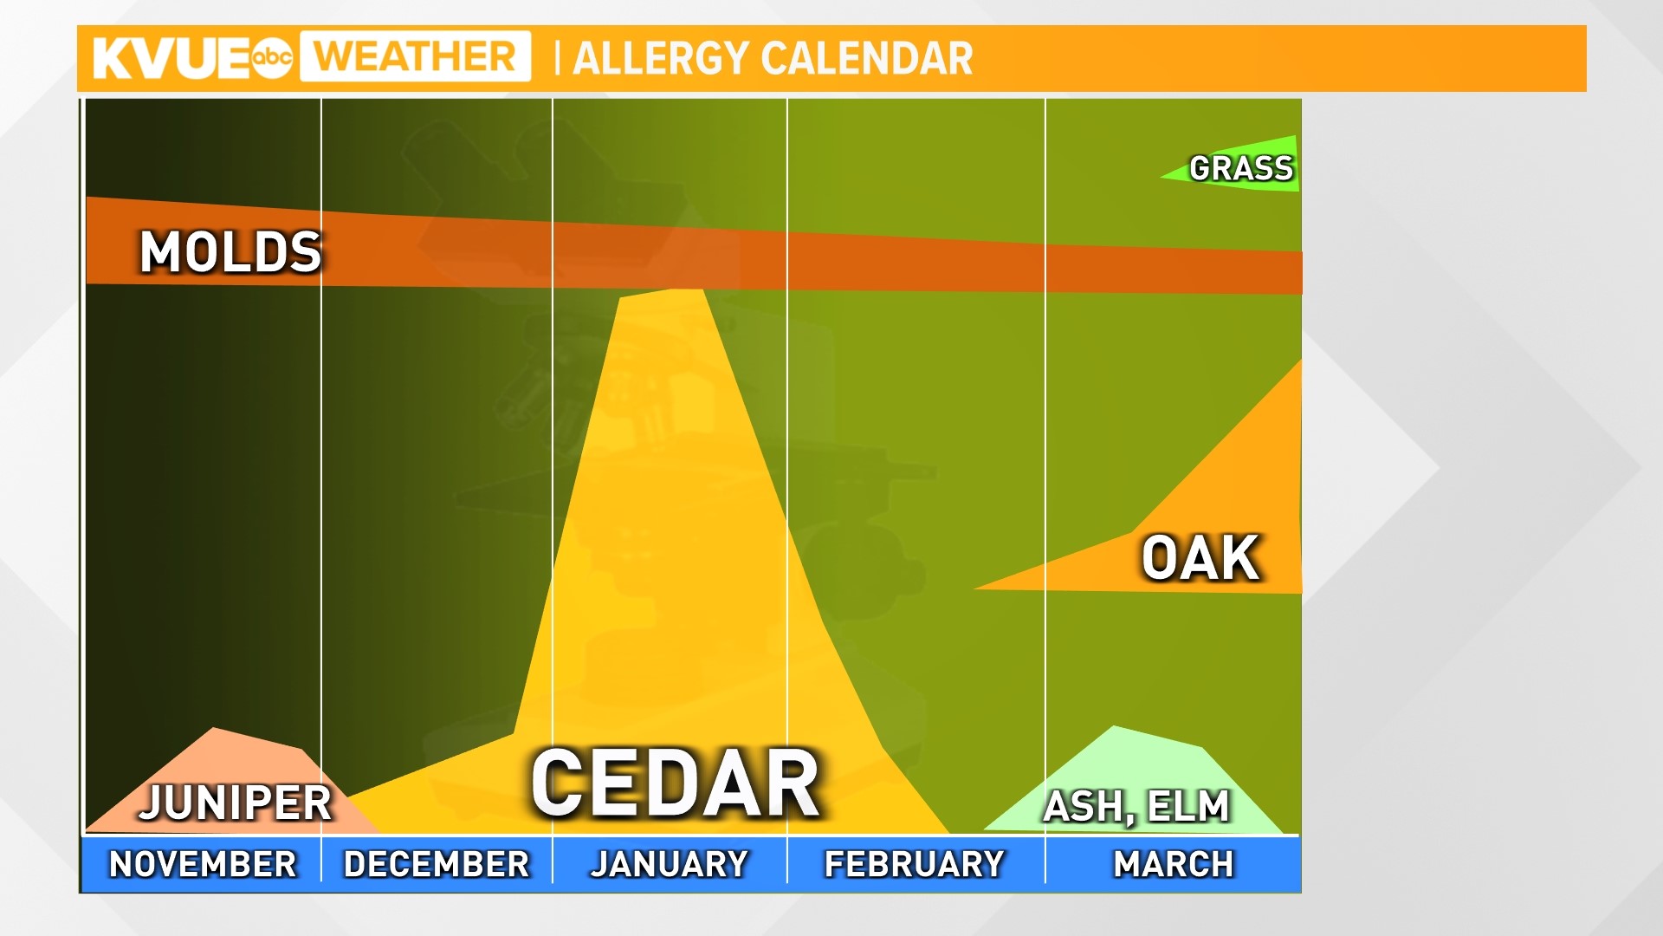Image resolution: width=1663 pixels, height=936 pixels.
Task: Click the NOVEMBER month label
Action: click(203, 864)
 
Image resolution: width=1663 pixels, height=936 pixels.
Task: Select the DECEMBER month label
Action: click(437, 864)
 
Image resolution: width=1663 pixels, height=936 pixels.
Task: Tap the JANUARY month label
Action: click(670, 864)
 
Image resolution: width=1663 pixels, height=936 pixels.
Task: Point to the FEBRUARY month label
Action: click(915, 864)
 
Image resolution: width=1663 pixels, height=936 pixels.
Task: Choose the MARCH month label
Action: click(1174, 864)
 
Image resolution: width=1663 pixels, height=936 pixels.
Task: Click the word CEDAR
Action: click(675, 783)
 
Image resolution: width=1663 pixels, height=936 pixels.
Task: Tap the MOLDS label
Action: click(230, 252)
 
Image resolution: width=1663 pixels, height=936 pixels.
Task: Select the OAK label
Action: click(1200, 558)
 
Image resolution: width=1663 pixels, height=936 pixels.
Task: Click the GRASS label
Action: click(1241, 168)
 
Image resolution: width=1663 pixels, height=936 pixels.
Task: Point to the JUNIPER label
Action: click(236, 803)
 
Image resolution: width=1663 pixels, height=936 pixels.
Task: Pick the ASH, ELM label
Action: click(1136, 807)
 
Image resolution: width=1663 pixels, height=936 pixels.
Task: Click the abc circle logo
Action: click(273, 58)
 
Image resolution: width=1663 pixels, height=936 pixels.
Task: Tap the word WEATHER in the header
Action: click(415, 57)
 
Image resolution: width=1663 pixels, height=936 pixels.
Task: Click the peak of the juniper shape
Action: click(213, 730)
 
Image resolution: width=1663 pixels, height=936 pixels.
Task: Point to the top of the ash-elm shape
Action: click(1114, 728)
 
